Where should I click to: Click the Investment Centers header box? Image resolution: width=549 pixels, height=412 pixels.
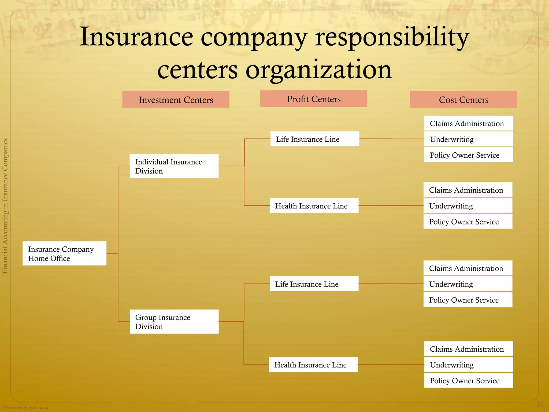[x=176, y=100]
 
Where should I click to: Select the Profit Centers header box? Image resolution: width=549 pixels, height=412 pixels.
[x=313, y=99]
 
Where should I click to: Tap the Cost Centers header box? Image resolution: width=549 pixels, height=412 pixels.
[x=463, y=100]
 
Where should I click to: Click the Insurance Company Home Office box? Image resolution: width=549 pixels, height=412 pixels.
[x=64, y=253]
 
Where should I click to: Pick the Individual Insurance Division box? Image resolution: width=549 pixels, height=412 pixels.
[x=174, y=166]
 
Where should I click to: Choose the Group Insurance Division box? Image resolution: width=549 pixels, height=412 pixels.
[x=174, y=322]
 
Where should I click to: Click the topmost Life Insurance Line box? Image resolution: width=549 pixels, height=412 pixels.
[x=315, y=139]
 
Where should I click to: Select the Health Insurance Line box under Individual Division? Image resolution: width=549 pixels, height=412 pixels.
[x=314, y=206]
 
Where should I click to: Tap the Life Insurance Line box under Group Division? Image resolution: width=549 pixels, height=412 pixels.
[x=314, y=284]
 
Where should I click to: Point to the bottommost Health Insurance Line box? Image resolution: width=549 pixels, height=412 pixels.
[x=313, y=365]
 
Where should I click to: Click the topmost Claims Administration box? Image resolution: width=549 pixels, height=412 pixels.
[x=469, y=123]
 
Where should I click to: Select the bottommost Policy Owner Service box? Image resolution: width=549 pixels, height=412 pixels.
[x=469, y=380]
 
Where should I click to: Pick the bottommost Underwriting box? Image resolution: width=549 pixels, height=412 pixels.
[x=469, y=365]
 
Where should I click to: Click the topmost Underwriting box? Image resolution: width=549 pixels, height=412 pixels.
[x=469, y=139]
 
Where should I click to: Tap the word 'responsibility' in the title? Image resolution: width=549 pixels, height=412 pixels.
[x=392, y=38]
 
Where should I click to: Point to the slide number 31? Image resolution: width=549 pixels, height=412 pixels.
[x=540, y=404]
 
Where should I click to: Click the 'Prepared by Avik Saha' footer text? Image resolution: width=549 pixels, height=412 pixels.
[x=26, y=407]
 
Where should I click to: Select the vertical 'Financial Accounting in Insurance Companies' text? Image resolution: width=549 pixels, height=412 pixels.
[x=5, y=206]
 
